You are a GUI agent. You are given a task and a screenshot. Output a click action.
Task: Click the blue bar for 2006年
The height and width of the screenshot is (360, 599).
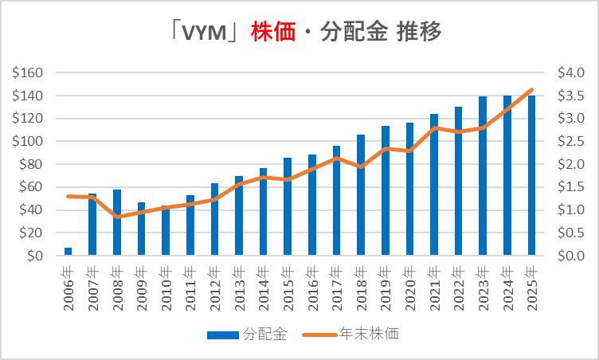point(69,252)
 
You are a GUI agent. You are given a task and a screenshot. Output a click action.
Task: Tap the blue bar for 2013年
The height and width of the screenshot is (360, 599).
point(239,216)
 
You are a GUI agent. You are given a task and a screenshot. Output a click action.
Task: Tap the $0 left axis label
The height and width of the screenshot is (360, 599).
point(33,256)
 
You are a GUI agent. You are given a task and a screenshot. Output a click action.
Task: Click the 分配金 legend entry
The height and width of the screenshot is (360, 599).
point(252,335)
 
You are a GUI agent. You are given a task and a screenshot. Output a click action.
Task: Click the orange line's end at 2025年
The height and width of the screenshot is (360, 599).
point(532,90)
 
